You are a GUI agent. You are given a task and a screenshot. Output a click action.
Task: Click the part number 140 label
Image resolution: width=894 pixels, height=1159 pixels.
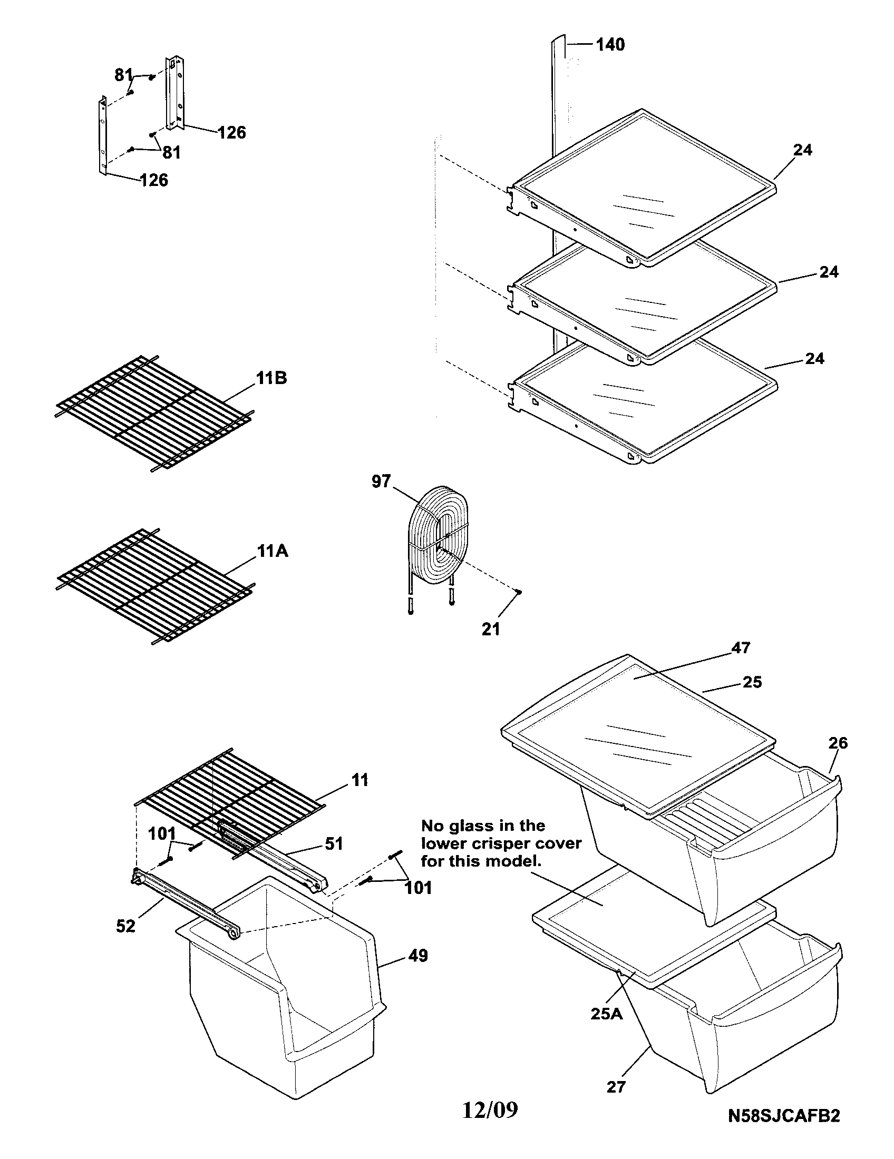(610, 45)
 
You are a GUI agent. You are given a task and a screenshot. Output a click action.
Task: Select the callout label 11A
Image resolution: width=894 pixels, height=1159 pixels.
(273, 551)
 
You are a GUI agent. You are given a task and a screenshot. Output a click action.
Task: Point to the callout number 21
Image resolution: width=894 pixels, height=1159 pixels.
(491, 629)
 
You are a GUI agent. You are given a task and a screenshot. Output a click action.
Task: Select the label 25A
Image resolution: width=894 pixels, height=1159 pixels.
(607, 1014)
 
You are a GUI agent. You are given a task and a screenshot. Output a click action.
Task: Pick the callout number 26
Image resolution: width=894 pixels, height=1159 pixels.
(838, 743)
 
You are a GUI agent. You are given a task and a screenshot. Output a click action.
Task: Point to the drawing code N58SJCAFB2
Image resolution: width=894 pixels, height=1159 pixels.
(784, 1130)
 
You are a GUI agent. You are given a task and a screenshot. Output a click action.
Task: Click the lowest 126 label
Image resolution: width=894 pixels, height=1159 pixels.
(154, 180)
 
